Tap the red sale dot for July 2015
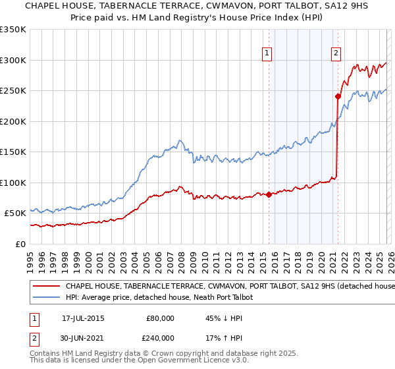point(269,194)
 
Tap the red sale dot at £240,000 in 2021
point(338,96)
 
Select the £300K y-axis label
point(13,60)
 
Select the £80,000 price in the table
point(160,318)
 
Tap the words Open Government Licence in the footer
point(189,362)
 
